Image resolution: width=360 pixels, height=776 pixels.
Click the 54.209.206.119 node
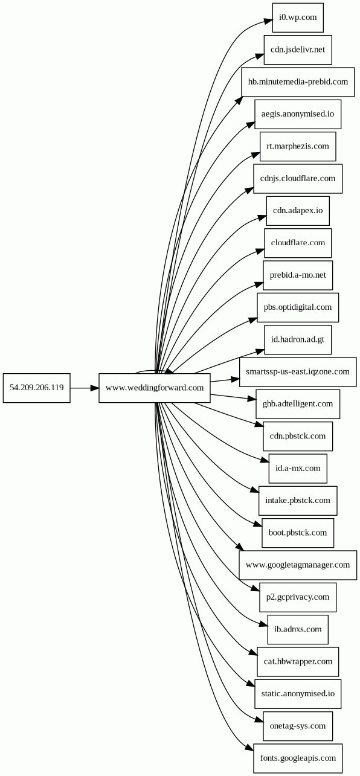click(36, 388)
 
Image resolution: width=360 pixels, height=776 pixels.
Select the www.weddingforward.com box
click(155, 388)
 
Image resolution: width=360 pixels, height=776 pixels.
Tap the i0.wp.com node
click(298, 18)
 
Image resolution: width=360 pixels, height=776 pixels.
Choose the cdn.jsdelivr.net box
click(298, 50)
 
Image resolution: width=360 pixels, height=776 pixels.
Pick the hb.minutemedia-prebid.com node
click(298, 82)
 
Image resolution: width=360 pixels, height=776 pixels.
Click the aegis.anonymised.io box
click(298, 114)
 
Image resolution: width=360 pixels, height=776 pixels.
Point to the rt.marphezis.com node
click(298, 147)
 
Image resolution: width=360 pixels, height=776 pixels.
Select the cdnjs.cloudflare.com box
click(298, 179)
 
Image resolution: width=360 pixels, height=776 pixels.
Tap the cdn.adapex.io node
click(298, 211)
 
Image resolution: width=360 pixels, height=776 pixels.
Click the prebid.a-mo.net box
click(298, 275)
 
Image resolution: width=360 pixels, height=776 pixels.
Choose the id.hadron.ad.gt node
click(298, 340)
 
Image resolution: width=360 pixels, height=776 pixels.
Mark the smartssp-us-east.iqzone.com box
click(298, 372)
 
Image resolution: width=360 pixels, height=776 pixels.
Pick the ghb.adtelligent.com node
click(298, 404)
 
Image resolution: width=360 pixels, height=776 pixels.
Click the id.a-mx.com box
click(298, 469)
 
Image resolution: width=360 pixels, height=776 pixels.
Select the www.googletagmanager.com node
click(298, 565)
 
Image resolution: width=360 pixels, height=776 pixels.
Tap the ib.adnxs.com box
click(298, 630)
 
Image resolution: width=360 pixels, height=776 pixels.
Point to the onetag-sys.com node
click(298, 726)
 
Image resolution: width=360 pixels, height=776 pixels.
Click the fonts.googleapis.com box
click(298, 758)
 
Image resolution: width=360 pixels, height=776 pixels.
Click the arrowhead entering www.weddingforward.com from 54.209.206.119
click(95, 388)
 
